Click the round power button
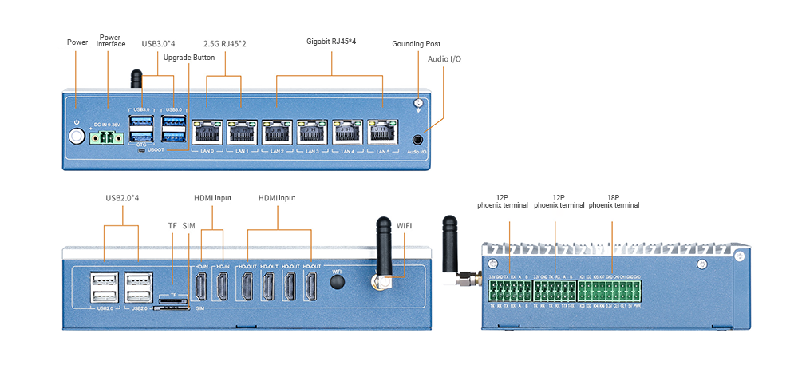(x=77, y=136)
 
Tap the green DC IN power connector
(x=108, y=137)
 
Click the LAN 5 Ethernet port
(x=382, y=133)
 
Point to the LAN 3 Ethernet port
(x=311, y=133)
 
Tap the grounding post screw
(x=417, y=104)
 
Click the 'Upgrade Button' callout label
(x=189, y=58)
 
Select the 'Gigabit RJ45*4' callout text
(x=331, y=41)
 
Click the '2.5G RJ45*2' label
(x=224, y=43)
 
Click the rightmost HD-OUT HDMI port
(x=311, y=287)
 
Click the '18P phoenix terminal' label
(x=614, y=200)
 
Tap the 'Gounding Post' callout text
(x=416, y=44)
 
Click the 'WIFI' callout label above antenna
(x=405, y=227)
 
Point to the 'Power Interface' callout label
(x=111, y=40)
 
